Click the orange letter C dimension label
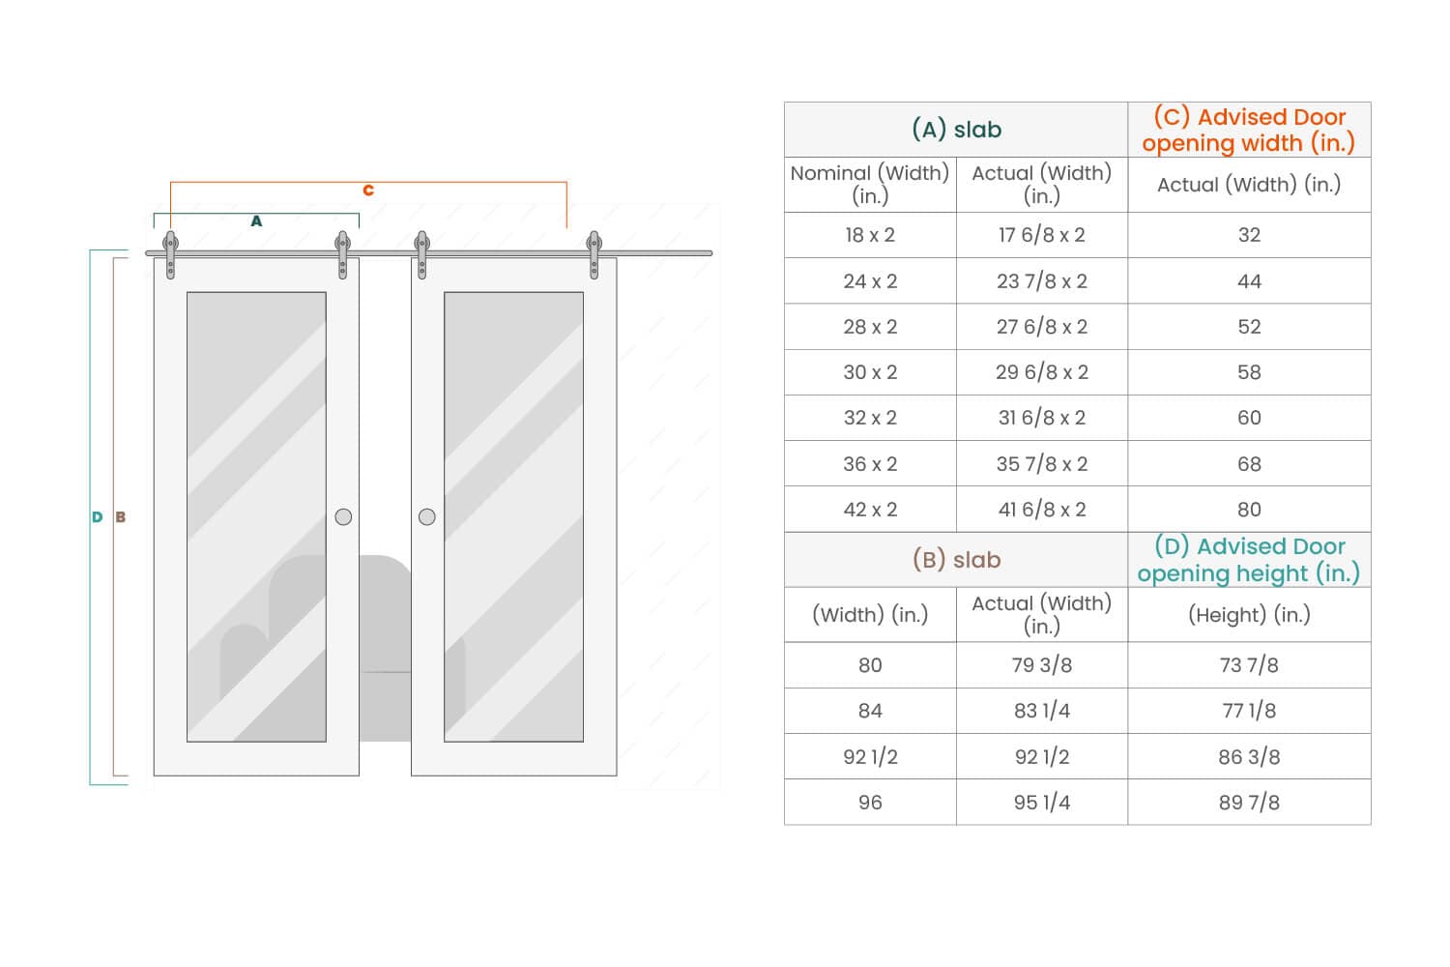point(368,190)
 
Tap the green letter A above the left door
point(256,220)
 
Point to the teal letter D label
point(97,516)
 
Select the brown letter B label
point(121,516)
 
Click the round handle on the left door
point(344,516)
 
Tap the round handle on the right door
point(427,516)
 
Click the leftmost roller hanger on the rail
point(170,254)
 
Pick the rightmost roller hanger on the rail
point(594,254)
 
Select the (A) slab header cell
point(956,130)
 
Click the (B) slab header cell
point(956,560)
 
